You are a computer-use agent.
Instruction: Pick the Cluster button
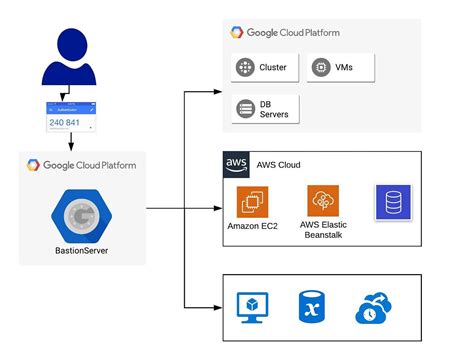click(x=263, y=69)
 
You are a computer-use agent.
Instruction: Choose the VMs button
click(x=339, y=69)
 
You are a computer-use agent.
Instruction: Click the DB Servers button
click(x=264, y=108)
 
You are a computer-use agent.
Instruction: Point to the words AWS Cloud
click(x=279, y=165)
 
